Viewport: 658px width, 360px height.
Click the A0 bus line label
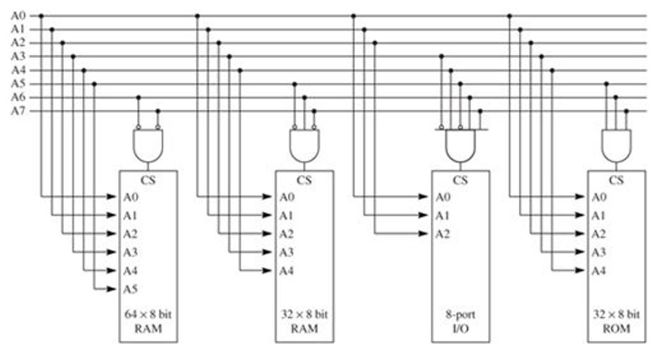click(17, 16)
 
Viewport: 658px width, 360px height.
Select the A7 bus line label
click(17, 111)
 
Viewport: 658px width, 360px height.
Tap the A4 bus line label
click(17, 70)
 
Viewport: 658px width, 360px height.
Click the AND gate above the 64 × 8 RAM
click(148, 145)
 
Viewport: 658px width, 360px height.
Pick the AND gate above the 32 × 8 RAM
click(304, 145)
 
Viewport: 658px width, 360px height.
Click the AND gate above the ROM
click(616, 145)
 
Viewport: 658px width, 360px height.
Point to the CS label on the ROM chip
click(616, 180)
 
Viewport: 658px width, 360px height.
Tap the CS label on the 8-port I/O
click(460, 180)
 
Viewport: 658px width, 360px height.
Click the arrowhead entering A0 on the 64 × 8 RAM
click(112, 197)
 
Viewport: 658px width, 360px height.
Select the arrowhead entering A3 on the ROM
click(580, 252)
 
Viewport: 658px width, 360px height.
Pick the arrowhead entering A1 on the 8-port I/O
click(424, 215)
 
